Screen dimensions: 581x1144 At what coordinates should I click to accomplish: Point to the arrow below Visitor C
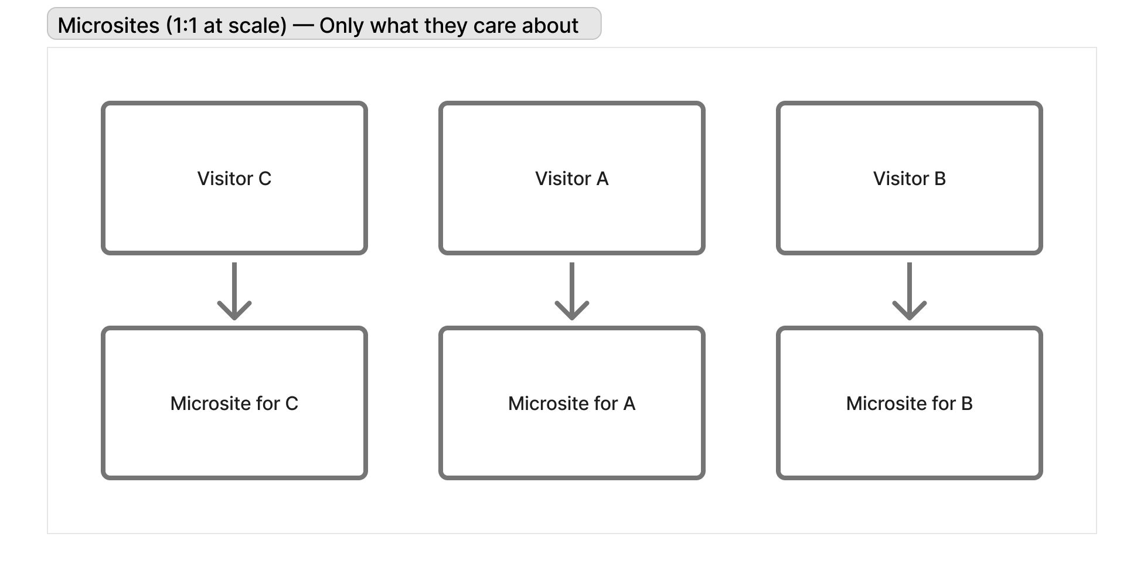[x=234, y=291]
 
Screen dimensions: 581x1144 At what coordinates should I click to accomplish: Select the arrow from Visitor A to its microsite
[x=572, y=291]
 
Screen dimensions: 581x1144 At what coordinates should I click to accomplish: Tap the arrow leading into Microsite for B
[x=910, y=291]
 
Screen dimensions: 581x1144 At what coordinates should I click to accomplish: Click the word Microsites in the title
[x=108, y=26]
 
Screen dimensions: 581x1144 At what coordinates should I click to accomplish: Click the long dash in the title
[x=303, y=26]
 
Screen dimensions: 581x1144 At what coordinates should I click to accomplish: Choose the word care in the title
[x=495, y=26]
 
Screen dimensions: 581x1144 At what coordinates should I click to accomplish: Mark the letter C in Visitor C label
[x=265, y=179]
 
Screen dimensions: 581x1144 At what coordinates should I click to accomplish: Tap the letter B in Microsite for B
[x=966, y=404]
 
